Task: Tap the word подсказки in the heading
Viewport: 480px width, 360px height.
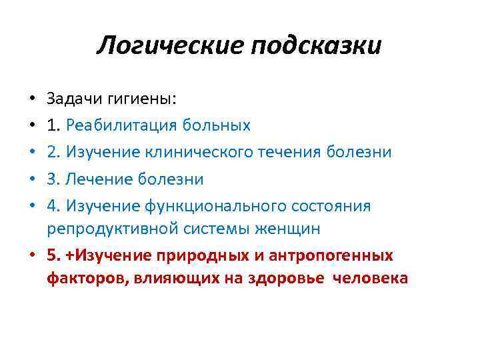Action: [x=316, y=47]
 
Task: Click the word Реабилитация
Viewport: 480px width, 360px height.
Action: [x=117, y=125]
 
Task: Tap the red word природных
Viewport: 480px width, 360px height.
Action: [x=191, y=255]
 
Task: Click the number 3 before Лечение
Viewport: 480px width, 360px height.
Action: [x=51, y=179]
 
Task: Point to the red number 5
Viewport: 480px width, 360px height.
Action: [x=51, y=255]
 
